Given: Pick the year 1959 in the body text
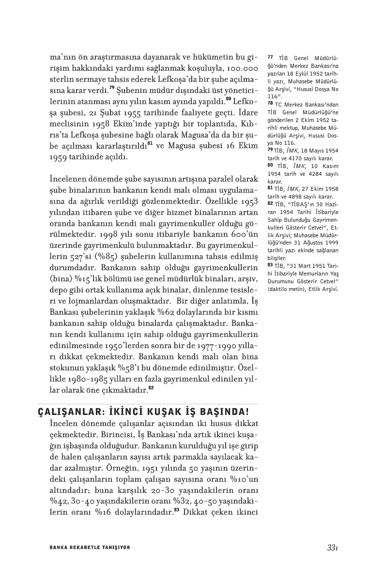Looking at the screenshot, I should point(60,157).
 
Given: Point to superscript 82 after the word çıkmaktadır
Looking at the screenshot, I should point(151,387).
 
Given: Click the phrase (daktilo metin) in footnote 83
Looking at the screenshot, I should point(288,289).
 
